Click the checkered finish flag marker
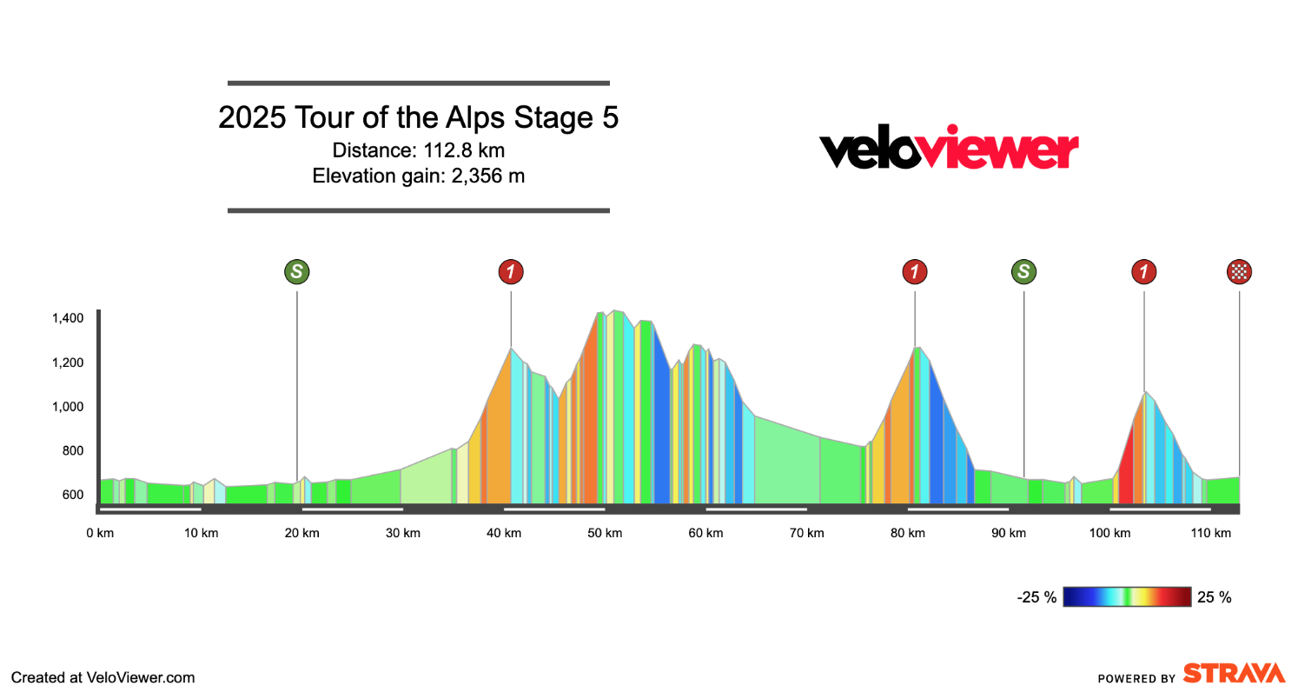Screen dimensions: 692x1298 (x=1239, y=272)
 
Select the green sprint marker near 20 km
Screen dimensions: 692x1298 (x=297, y=272)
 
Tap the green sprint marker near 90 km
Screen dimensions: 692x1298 (x=1024, y=272)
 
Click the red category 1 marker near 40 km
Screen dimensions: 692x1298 (x=511, y=272)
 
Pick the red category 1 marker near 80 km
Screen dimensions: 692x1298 (x=915, y=272)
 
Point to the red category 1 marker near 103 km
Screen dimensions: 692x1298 (x=1143, y=272)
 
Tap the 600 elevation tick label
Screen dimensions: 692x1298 (x=73, y=495)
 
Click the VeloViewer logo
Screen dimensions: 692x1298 (x=949, y=150)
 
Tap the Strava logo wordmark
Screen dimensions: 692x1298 (x=1234, y=674)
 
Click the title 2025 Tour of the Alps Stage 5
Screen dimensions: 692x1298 (x=418, y=118)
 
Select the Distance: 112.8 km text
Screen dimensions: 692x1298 (x=418, y=150)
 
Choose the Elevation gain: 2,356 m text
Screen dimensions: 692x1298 (x=418, y=176)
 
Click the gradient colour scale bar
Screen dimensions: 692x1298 (x=1127, y=596)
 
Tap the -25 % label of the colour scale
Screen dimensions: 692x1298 (x=1036, y=597)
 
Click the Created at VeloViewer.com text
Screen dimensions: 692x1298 (x=103, y=677)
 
